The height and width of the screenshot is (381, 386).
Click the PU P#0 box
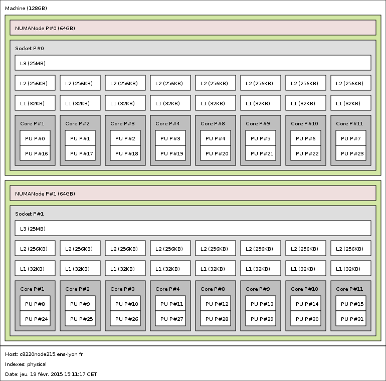pyautogui.click(x=35, y=138)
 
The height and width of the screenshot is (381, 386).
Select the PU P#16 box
pyautogui.click(x=35, y=153)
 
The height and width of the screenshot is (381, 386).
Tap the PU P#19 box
pyautogui.click(x=170, y=153)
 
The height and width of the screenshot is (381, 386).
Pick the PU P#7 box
pyautogui.click(x=351, y=138)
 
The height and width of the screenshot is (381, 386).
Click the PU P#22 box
pyautogui.click(x=306, y=153)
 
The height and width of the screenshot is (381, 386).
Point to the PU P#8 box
pyautogui.click(x=35, y=303)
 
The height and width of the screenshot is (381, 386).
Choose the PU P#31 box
pyautogui.click(x=351, y=318)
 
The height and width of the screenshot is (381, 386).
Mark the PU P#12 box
pyautogui.click(x=216, y=303)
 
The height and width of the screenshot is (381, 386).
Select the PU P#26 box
pyautogui.click(x=125, y=318)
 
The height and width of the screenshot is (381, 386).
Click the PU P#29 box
pyautogui.click(x=261, y=318)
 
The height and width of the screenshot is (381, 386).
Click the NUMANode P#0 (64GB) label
pyautogui.click(x=45, y=28)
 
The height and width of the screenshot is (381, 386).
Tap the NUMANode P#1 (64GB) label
pyautogui.click(x=45, y=194)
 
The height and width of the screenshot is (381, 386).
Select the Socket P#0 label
pyautogui.click(x=30, y=48)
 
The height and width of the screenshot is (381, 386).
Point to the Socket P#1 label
pyautogui.click(x=30, y=214)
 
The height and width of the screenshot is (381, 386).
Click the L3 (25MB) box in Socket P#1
pyautogui.click(x=193, y=229)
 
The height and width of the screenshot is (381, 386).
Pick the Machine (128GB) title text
pyautogui.click(x=26, y=9)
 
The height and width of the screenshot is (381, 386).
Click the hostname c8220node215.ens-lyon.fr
pyautogui.click(x=51, y=354)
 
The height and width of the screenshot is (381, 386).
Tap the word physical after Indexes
pyautogui.click(x=37, y=364)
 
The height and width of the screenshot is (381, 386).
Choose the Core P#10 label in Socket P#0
pyautogui.click(x=304, y=123)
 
